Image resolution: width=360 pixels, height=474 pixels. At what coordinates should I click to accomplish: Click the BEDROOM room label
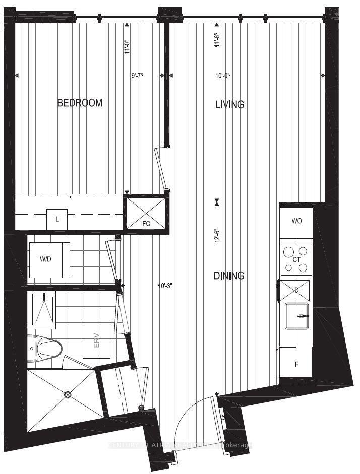tap(80, 103)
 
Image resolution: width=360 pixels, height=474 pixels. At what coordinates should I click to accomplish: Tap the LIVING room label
tap(230, 105)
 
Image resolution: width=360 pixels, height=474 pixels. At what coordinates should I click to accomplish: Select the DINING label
tap(229, 276)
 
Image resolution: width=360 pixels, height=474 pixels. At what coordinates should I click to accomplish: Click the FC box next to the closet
tap(146, 212)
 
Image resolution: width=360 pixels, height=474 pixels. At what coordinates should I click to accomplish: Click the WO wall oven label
tap(296, 221)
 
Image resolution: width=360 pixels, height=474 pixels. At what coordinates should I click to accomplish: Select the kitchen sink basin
tap(297, 316)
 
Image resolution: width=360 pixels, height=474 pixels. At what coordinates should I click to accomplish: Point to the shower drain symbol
tap(68, 395)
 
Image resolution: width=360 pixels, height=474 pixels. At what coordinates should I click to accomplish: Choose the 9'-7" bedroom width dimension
tap(138, 76)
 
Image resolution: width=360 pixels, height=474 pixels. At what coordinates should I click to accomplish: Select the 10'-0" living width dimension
tap(222, 76)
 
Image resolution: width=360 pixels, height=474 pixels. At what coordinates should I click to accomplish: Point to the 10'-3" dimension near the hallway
tap(166, 286)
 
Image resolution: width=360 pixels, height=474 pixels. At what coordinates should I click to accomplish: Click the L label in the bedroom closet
tap(57, 219)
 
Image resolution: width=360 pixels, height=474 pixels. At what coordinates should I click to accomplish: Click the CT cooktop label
tap(296, 260)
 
